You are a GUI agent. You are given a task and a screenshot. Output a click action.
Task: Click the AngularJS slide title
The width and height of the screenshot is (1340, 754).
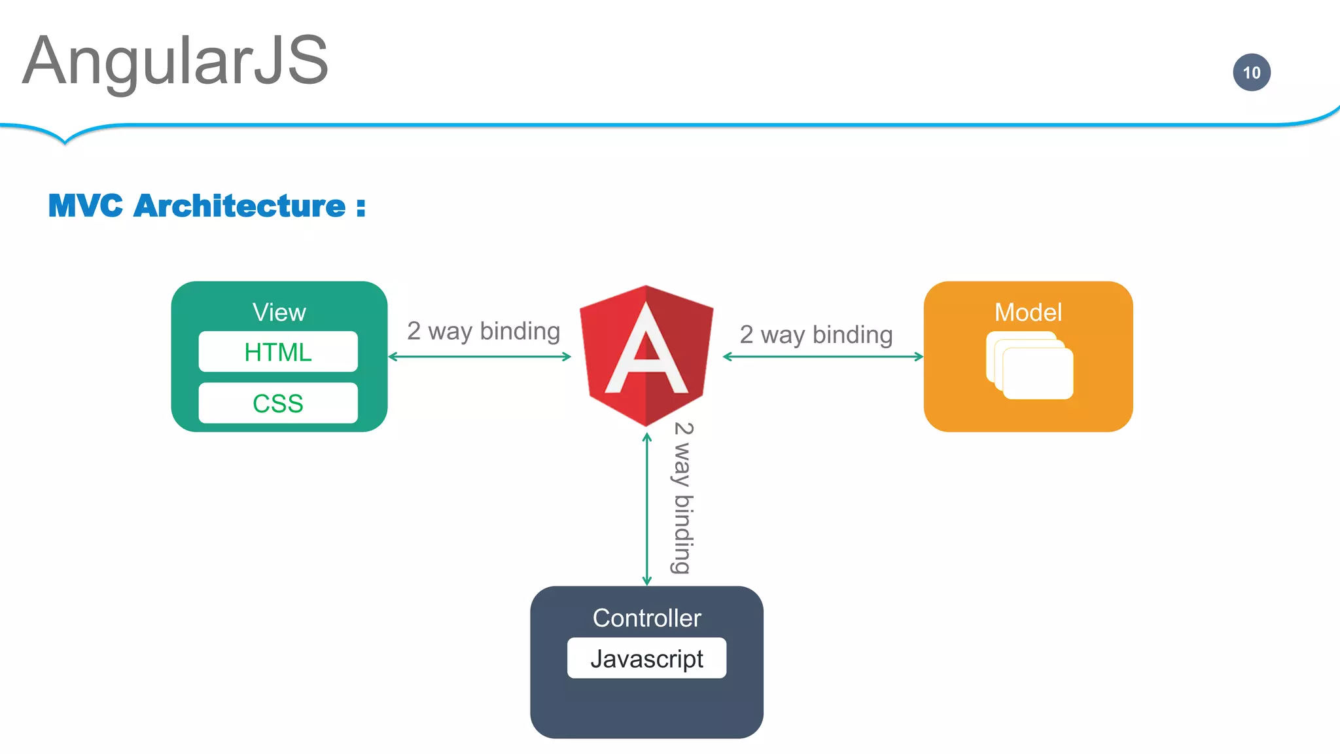point(175,61)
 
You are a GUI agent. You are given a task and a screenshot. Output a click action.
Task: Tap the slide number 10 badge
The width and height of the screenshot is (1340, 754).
point(1251,72)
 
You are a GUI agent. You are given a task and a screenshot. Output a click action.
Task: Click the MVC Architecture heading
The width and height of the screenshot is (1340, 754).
point(207,206)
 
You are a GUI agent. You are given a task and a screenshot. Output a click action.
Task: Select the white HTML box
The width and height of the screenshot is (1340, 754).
point(278,352)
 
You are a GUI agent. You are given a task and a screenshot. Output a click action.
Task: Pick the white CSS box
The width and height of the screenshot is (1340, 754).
point(278,403)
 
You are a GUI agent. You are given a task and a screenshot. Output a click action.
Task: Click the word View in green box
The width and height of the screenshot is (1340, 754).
point(279,312)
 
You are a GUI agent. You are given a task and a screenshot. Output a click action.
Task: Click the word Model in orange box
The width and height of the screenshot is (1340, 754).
point(1028,312)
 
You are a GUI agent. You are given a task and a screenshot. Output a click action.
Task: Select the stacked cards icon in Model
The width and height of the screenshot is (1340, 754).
point(1029,365)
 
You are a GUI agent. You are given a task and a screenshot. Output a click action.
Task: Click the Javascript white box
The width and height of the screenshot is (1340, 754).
point(646,658)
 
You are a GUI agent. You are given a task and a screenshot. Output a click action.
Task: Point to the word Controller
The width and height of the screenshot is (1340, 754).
point(646,618)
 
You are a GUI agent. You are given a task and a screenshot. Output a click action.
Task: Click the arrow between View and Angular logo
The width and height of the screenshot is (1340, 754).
point(480,357)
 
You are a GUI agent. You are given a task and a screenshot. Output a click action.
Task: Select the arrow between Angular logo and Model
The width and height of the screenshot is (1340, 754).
point(822,357)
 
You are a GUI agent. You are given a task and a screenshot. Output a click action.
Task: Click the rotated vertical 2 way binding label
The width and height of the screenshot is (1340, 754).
point(682,497)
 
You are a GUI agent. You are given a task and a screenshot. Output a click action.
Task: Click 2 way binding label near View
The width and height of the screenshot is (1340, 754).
point(484,331)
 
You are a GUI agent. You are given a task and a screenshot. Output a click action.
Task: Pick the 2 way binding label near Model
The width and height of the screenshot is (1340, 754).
point(816,334)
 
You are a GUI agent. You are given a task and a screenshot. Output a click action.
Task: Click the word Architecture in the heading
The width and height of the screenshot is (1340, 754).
point(239,206)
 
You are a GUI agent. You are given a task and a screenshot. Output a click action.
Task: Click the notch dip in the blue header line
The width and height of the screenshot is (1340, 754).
point(65,139)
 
